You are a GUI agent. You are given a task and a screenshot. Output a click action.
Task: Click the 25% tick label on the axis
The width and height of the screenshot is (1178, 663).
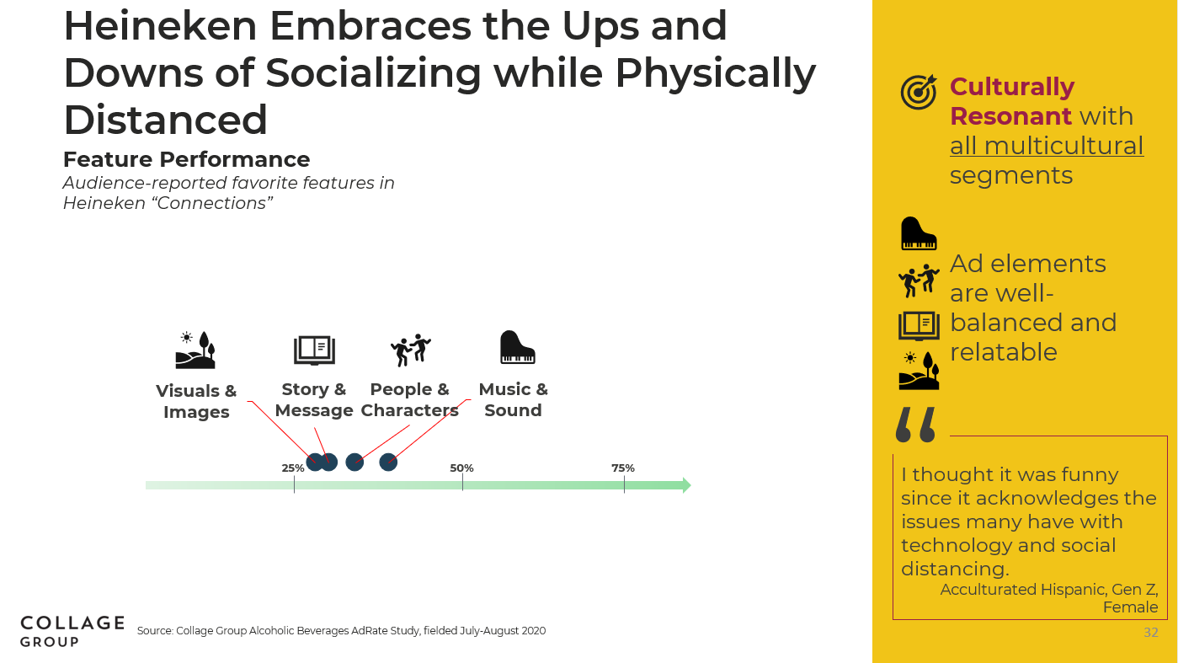coord(293,468)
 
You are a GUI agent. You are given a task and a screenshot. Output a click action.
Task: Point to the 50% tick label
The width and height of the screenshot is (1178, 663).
coord(461,468)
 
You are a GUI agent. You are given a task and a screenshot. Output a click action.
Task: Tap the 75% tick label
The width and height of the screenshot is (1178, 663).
coord(623,468)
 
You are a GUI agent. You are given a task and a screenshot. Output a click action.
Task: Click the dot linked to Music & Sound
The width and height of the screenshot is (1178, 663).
coord(388,462)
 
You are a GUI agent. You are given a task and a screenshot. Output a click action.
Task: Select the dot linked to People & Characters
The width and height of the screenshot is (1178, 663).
coord(354,462)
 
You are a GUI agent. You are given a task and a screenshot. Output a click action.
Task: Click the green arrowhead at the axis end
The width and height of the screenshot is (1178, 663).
coord(687,485)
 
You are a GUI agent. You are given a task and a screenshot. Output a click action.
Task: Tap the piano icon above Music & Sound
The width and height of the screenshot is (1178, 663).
coord(518,347)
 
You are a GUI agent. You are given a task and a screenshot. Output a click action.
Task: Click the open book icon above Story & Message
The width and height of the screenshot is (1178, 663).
coord(314,350)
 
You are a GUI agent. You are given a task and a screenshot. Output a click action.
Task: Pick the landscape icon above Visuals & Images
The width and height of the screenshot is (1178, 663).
coord(195,350)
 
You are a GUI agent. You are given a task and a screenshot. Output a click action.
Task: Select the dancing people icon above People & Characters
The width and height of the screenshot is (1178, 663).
coord(410,350)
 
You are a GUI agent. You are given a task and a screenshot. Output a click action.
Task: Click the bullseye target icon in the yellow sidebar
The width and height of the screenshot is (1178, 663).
coord(919,92)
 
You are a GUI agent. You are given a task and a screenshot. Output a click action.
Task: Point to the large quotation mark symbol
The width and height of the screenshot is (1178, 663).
coord(916,424)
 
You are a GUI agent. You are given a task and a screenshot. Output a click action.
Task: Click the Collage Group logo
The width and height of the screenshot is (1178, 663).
coord(72,631)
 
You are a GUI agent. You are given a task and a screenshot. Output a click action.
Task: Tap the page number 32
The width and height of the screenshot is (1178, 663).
coord(1151,632)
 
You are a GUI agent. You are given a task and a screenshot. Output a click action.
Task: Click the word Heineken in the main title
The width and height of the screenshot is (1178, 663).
coord(160,25)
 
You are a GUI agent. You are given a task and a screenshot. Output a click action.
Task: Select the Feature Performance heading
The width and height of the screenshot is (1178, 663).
coord(187,159)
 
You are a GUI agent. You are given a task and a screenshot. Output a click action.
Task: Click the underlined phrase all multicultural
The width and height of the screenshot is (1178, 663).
coord(1047,146)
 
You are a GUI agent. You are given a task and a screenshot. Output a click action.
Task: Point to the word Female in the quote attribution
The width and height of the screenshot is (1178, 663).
coord(1131,607)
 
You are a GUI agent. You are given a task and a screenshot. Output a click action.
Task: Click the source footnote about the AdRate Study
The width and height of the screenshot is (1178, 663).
coord(341,630)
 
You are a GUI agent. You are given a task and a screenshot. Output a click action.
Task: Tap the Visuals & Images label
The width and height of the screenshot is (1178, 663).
coord(196,401)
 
